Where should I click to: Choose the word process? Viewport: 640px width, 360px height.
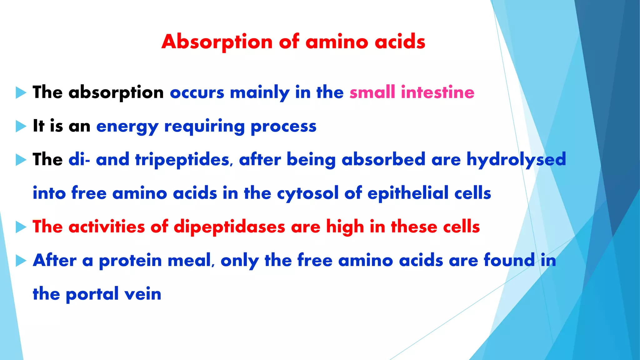tap(283, 127)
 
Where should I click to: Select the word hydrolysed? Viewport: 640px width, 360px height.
tap(516, 160)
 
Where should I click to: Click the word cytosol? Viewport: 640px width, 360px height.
tap(307, 193)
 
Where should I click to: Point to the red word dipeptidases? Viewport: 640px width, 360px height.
tap(229, 227)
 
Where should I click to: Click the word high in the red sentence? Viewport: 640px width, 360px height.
tap(345, 227)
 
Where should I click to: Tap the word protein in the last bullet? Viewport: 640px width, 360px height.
tap(130, 261)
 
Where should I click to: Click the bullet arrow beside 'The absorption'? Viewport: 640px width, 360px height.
tap(21, 93)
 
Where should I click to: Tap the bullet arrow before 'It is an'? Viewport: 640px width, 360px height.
tap(21, 126)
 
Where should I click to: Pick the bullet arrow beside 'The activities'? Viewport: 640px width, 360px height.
tap(21, 227)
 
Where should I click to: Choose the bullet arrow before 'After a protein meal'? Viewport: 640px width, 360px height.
tap(21, 260)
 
